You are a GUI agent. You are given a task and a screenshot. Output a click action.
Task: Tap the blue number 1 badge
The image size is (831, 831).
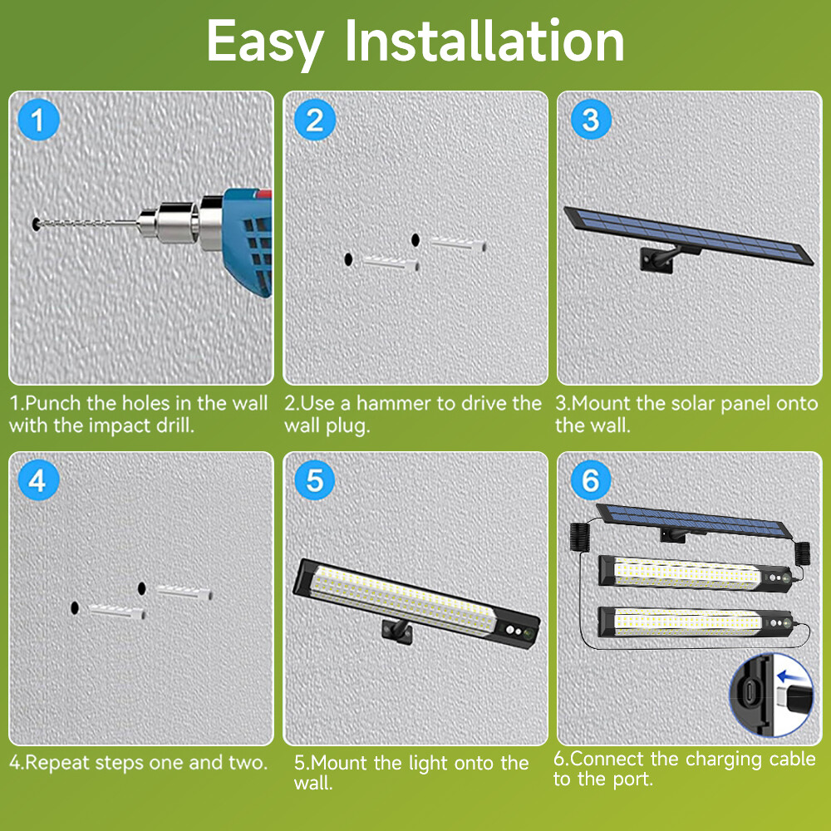(38, 120)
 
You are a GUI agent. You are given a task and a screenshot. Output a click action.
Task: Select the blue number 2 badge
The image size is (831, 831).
(314, 120)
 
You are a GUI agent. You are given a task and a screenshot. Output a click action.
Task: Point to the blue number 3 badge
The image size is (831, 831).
(590, 120)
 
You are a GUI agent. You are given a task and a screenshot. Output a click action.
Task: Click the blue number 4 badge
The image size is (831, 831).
(38, 480)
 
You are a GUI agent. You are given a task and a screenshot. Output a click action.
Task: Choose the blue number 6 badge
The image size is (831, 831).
(590, 480)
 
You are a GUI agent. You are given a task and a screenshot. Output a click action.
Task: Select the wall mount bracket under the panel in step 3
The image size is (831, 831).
(654, 257)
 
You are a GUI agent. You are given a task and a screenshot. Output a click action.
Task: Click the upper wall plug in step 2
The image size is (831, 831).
(455, 241)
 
